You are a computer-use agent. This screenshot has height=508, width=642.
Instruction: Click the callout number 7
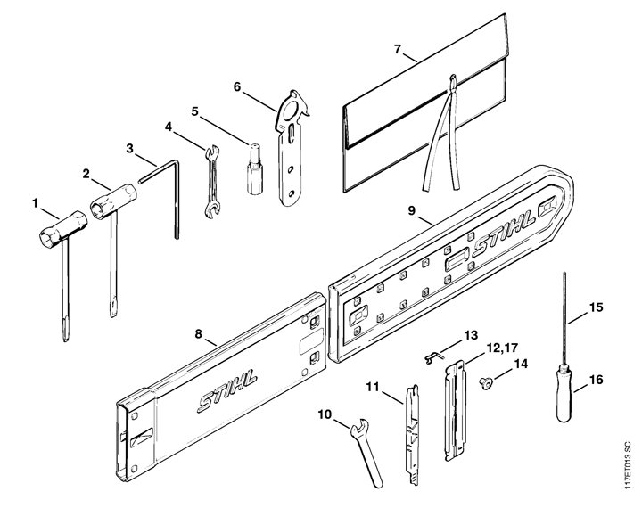pos(397,50)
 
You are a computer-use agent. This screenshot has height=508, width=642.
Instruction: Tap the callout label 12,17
pos(502,348)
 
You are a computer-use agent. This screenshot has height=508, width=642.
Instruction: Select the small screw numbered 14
pos(486,383)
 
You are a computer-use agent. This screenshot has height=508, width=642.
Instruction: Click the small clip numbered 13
pos(432,357)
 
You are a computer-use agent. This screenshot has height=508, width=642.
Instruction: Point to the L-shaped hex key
pos(176,193)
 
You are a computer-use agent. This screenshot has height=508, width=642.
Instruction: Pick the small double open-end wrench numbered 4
pos(211,181)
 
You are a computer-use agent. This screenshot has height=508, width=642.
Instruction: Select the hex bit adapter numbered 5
pos(255,169)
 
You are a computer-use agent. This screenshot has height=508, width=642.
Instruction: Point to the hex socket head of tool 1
pos(50,237)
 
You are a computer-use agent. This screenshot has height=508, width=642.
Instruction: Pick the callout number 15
pos(597,307)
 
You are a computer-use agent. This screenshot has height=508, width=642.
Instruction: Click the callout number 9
pos(411,210)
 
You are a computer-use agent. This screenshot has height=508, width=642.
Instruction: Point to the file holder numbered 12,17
pos(455,411)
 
